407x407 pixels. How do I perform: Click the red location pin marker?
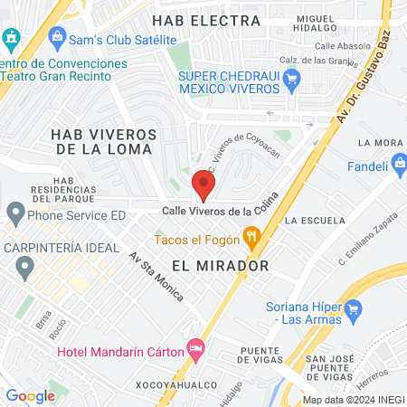point(203,186)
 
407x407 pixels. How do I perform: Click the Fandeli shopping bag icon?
point(398,166)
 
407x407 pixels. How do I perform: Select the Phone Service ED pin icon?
point(14,216)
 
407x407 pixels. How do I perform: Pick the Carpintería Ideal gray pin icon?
point(25,267)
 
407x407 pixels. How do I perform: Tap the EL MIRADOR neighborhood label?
point(220,266)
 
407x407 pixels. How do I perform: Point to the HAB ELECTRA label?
point(206,19)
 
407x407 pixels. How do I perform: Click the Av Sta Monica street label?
point(156,278)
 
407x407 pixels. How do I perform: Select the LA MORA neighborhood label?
point(380,143)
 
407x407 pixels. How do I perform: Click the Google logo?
point(30,395)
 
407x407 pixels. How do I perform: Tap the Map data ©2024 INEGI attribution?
point(353,400)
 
